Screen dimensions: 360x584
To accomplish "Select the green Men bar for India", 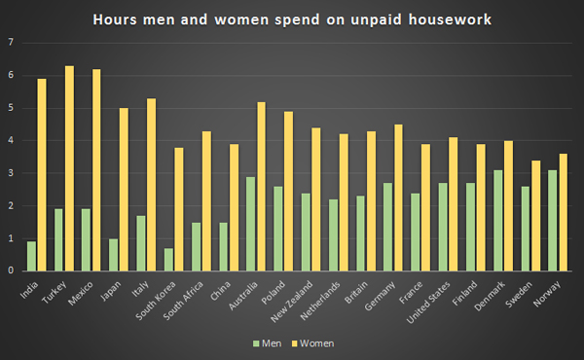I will (31, 256).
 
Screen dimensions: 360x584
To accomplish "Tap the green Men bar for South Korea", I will (168, 259).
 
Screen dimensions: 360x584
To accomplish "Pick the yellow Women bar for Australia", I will (260, 186).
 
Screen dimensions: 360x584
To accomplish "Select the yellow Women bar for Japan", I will (124, 189).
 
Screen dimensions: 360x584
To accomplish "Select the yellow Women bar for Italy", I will (151, 184).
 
